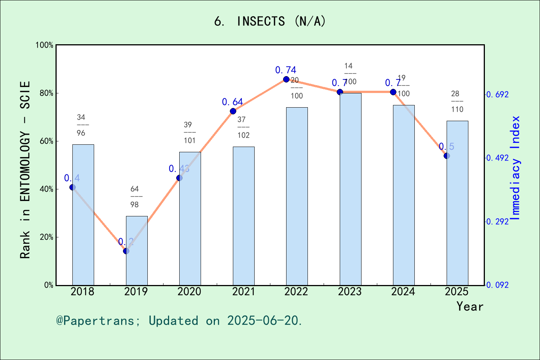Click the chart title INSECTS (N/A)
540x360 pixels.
click(x=270, y=21)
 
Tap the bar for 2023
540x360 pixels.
click(x=350, y=189)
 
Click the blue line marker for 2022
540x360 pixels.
click(x=286, y=79)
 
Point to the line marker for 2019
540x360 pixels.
click(x=126, y=251)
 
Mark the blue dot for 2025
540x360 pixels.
click(x=447, y=156)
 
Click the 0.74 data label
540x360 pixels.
click(x=285, y=70)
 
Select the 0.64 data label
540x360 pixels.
click(x=232, y=102)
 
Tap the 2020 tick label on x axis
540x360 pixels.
click(x=189, y=292)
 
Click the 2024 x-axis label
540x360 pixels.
click(x=403, y=292)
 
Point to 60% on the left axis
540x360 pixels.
click(x=46, y=141)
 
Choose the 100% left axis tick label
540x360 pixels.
click(x=44, y=45)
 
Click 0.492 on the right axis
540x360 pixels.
click(x=497, y=158)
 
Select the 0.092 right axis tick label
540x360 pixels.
click(x=497, y=285)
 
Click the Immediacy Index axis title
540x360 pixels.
click(x=516, y=168)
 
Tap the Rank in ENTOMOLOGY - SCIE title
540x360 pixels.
click(x=25, y=169)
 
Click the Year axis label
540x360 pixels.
click(x=469, y=306)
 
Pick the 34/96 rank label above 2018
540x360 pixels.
click(x=81, y=125)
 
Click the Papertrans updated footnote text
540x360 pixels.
click(x=179, y=321)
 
